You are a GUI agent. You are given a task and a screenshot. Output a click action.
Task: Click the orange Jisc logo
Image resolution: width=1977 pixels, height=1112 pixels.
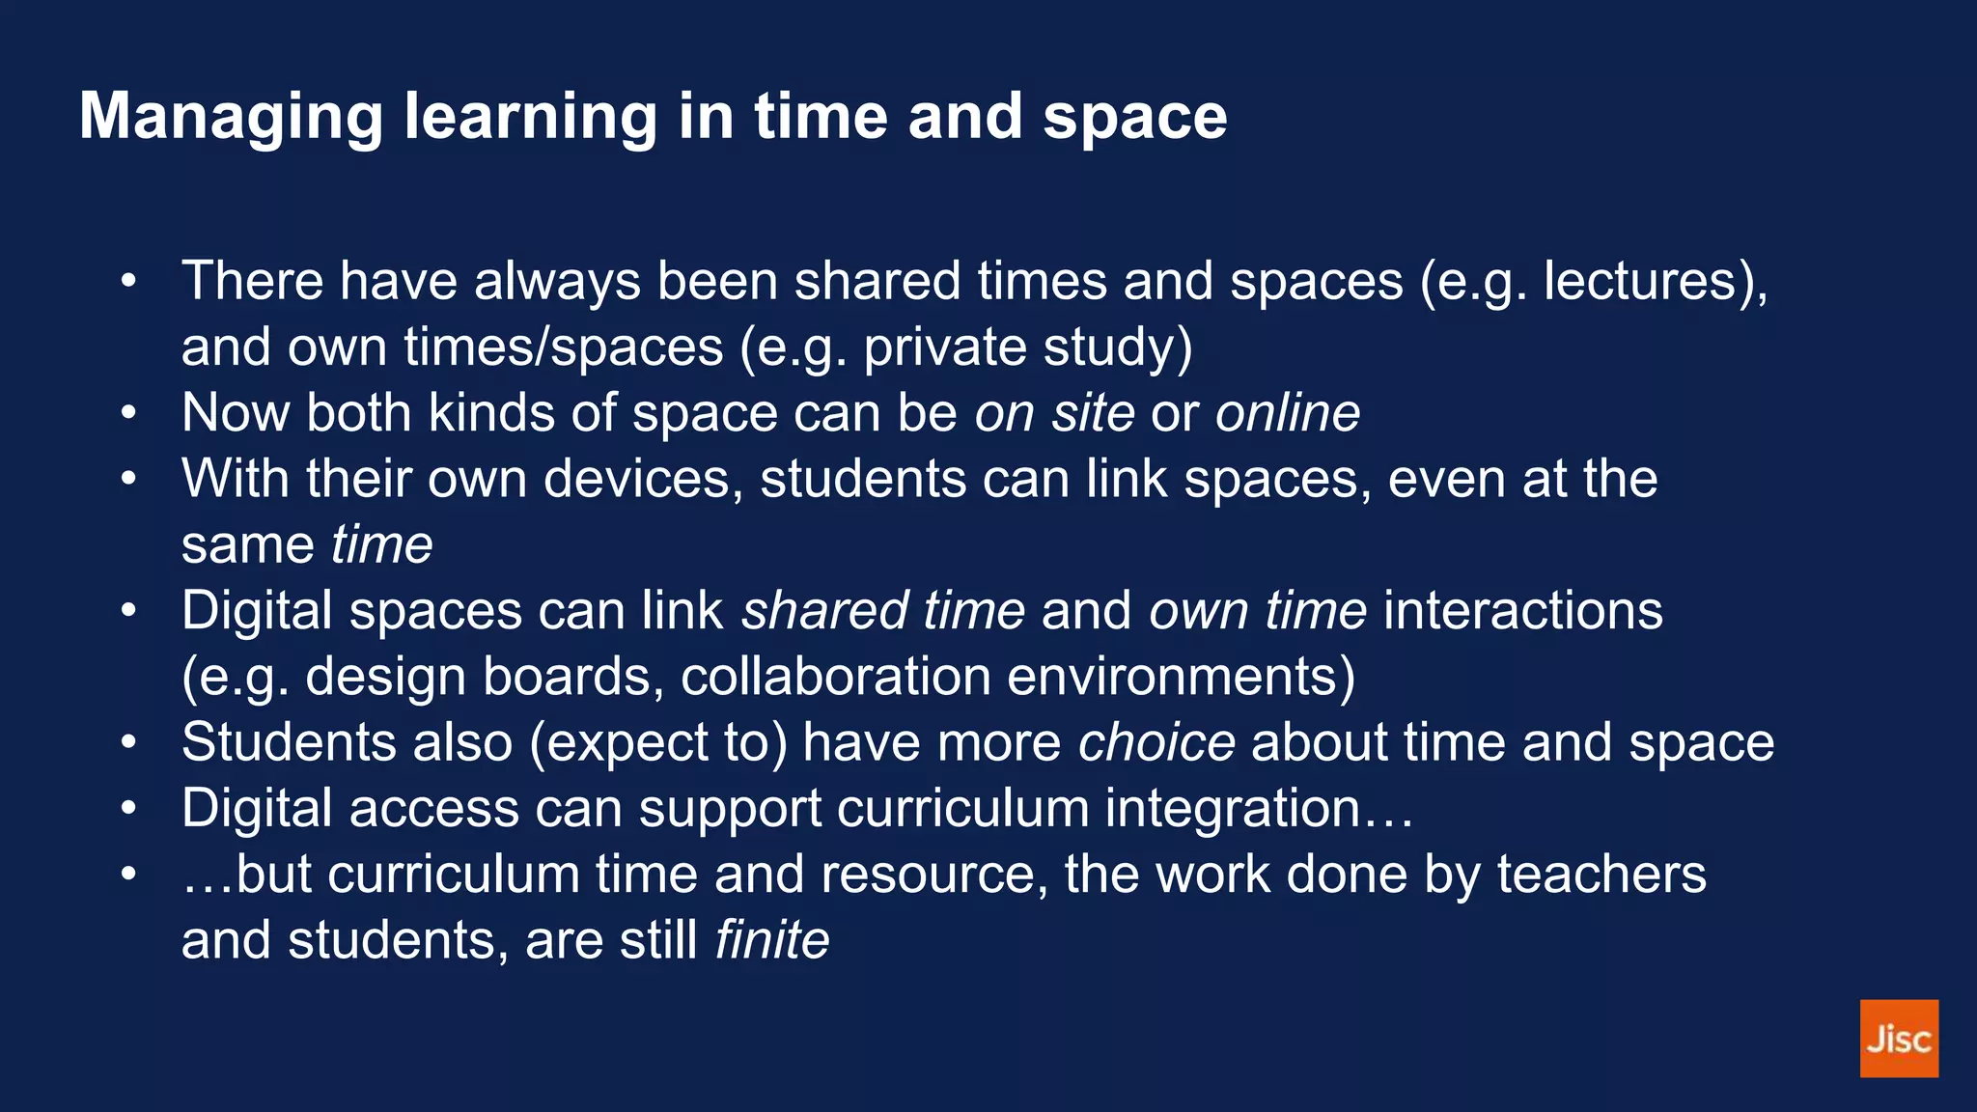pos(1898,1038)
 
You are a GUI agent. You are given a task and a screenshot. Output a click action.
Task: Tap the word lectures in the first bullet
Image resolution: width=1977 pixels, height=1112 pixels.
pos(1647,281)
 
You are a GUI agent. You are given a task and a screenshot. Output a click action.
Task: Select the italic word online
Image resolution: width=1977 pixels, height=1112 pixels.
pos(1287,413)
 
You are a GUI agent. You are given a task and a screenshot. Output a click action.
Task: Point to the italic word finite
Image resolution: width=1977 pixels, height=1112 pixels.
pos(772,940)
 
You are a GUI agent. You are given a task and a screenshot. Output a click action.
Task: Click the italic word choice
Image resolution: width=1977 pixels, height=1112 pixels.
pos(1156,742)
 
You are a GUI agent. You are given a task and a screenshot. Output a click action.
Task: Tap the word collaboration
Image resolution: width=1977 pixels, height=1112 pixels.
pos(836,677)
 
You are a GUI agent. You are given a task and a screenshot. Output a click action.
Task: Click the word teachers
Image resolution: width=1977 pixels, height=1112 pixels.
pos(1601,875)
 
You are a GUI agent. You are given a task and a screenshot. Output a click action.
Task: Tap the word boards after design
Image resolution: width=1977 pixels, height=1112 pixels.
pos(573,677)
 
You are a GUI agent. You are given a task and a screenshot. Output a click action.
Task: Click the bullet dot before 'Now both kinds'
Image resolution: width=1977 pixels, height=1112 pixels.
pos(129,413)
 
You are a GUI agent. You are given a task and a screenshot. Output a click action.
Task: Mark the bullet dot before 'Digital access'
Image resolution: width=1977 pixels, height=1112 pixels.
pos(129,808)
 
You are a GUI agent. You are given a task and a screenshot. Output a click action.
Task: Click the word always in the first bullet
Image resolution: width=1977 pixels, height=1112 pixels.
pos(557,281)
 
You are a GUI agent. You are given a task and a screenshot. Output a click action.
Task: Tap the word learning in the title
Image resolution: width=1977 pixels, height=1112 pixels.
pos(530,117)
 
